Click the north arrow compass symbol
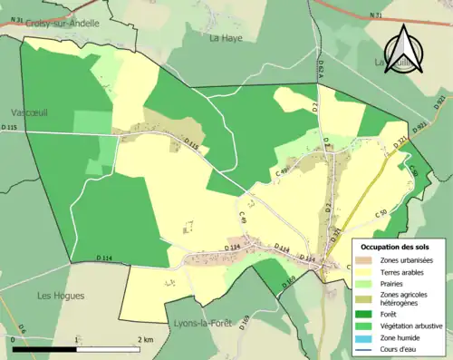(x=404, y=46)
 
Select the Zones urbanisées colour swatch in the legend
(x=367, y=261)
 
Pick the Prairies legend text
(x=394, y=283)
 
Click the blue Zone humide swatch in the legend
(x=367, y=337)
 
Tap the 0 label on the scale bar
(x=12, y=339)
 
